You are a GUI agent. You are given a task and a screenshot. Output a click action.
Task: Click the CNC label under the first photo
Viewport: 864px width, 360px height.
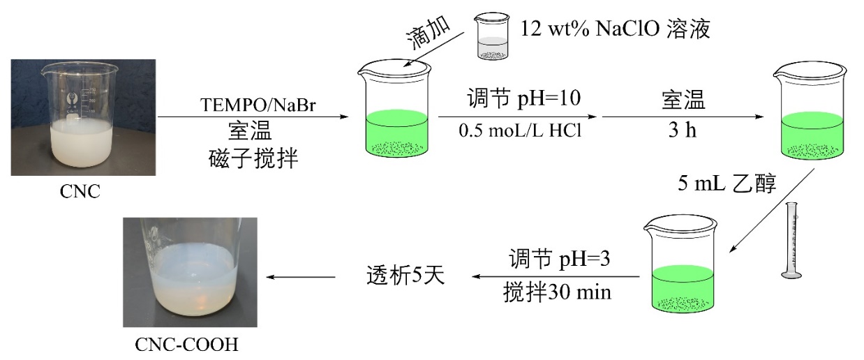(80, 190)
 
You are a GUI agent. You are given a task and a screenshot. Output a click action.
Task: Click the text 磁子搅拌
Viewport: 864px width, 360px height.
(253, 160)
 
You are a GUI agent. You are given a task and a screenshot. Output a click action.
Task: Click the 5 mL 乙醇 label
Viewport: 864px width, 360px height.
(728, 183)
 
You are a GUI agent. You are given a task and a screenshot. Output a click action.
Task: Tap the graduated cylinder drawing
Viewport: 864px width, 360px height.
(791, 241)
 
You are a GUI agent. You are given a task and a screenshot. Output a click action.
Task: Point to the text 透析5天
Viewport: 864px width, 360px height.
(405, 276)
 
